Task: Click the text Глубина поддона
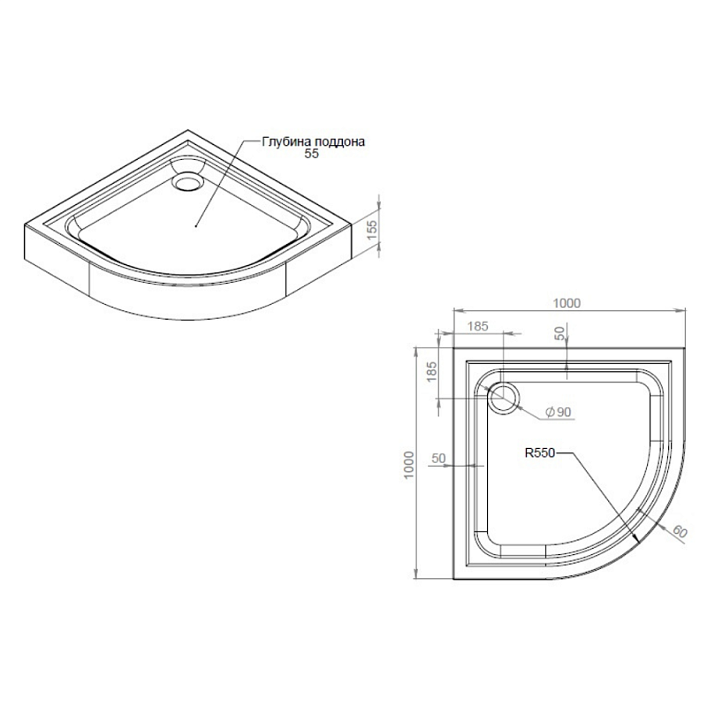point(314,141)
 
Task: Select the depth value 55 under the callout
point(310,153)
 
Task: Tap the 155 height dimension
point(372,227)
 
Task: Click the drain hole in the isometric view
point(187,181)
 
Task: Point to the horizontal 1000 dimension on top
point(566,303)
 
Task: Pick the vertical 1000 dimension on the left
point(408,464)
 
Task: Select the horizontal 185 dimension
point(477,326)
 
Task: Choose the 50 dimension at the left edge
point(437,459)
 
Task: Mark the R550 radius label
point(539,453)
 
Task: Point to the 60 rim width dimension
point(679,531)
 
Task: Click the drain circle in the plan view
point(504,395)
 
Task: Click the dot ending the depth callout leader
point(194,225)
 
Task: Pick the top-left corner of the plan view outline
point(453,346)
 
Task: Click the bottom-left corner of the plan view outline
point(453,579)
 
